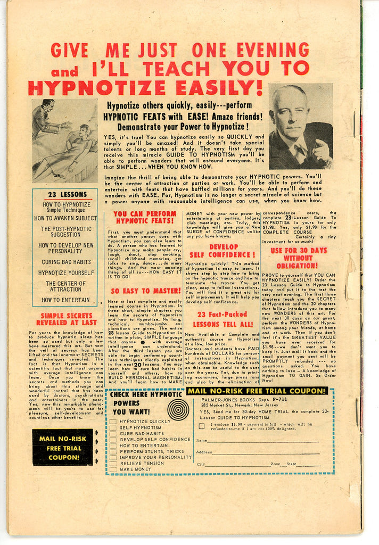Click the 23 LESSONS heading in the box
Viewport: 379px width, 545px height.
(64, 195)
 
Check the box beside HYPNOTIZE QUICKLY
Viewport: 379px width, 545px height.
(113, 422)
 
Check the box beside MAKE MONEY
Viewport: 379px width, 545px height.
(113, 469)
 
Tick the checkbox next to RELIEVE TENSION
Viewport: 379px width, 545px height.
(113, 463)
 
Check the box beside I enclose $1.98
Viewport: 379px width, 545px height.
(202, 425)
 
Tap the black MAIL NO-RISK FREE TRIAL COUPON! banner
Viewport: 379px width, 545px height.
(63, 447)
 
